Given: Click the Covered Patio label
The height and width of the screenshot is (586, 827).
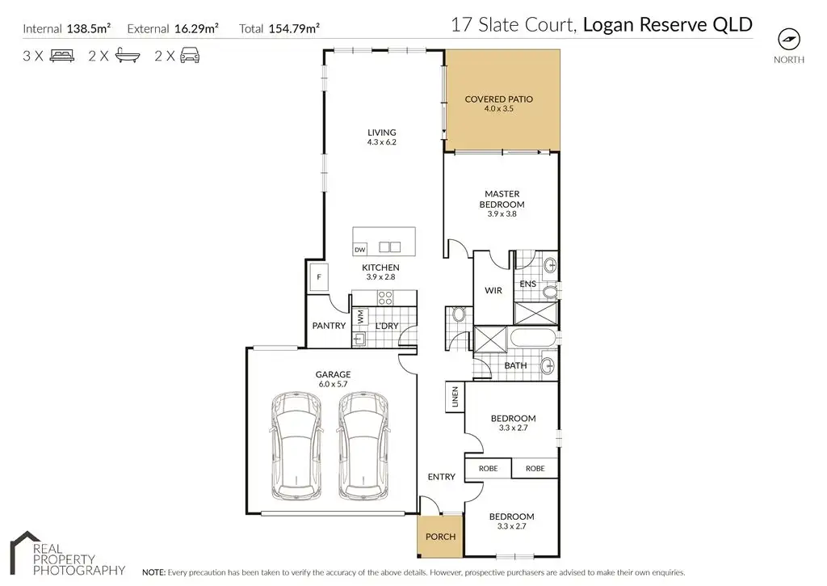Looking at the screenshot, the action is pyautogui.click(x=498, y=99).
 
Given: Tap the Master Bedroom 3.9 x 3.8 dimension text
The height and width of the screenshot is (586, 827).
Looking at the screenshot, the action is pyautogui.click(x=502, y=214).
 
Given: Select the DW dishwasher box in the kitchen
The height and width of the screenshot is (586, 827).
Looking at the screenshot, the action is pyautogui.click(x=360, y=249).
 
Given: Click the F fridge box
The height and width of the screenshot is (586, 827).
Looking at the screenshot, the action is pyautogui.click(x=320, y=278).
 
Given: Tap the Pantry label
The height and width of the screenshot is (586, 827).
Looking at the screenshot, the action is pyautogui.click(x=329, y=326).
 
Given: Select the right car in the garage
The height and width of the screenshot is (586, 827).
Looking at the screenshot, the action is pyautogui.click(x=360, y=445).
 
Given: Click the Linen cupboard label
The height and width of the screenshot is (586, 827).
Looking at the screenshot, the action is pyautogui.click(x=455, y=396).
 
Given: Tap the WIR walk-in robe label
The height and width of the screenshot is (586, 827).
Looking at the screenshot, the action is pyautogui.click(x=494, y=290).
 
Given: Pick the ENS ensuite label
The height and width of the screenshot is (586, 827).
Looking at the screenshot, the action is pyautogui.click(x=527, y=284).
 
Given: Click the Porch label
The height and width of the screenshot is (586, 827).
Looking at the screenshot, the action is pyautogui.click(x=440, y=537).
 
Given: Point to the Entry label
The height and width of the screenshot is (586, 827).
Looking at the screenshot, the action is pyautogui.click(x=441, y=477).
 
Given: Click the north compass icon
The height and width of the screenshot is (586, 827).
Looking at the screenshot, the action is pyautogui.click(x=788, y=40).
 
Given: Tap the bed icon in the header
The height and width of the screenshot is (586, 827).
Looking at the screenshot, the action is pyautogui.click(x=62, y=56).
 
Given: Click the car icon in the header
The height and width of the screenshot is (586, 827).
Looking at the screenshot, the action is pyautogui.click(x=189, y=56).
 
